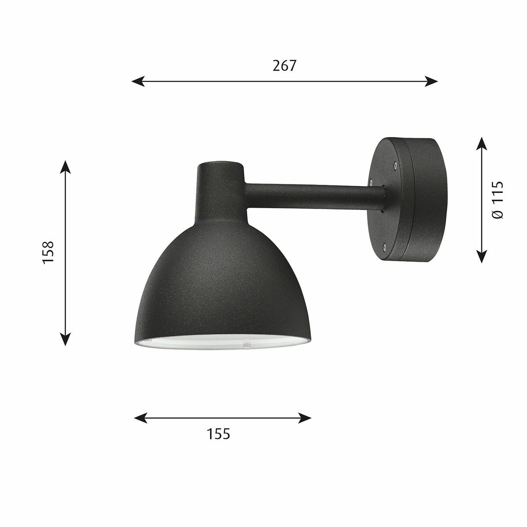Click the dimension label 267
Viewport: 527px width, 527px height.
[x=285, y=65]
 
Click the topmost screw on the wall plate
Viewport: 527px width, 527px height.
[x=395, y=165]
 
